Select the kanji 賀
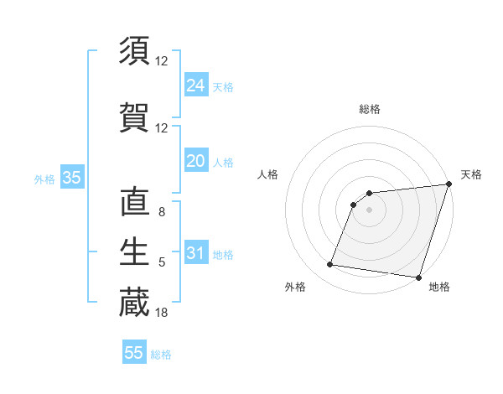tap(134, 118)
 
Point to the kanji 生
tap(134, 251)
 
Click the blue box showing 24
tap(195, 86)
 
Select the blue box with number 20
tap(195, 161)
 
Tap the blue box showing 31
tap(195, 253)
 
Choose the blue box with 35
tap(71, 178)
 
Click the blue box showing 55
tap(134, 353)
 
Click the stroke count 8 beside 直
tap(162, 213)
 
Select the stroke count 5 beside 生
tap(162, 262)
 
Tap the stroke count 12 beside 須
tap(162, 61)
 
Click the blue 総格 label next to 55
tap(161, 355)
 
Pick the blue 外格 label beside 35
tap(44, 179)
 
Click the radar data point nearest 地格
tap(418, 277)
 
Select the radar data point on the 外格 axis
tap(330, 265)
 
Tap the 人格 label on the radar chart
tap(268, 174)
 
